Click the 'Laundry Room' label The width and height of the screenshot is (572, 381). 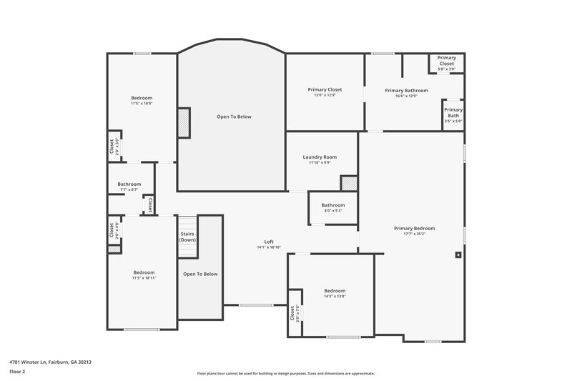(x=320, y=157)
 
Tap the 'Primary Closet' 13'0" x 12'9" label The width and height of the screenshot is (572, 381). (x=325, y=90)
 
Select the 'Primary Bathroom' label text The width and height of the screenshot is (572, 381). (x=406, y=91)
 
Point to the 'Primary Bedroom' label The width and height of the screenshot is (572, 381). (x=414, y=229)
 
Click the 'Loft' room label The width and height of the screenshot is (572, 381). (x=269, y=242)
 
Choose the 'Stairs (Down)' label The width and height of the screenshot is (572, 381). (x=187, y=237)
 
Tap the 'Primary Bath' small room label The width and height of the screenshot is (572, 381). (x=453, y=112)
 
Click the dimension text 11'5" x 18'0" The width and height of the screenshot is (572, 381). (x=142, y=104)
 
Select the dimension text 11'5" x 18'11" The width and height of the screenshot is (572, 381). (x=144, y=278)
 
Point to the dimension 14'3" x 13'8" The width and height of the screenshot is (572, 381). (x=335, y=297)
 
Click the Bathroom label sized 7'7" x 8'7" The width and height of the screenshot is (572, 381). (x=129, y=184)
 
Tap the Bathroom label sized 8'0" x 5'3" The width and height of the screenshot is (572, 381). (x=332, y=205)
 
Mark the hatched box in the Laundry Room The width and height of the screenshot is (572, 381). (x=348, y=184)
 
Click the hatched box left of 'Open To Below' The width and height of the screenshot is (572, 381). (x=184, y=122)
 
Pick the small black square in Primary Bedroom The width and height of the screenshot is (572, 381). (x=458, y=254)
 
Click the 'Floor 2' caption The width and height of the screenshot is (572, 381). (x=17, y=372)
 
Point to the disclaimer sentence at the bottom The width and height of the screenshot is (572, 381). (x=285, y=373)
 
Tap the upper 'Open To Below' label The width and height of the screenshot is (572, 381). (x=234, y=117)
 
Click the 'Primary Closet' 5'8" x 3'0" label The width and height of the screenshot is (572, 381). (x=446, y=61)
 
